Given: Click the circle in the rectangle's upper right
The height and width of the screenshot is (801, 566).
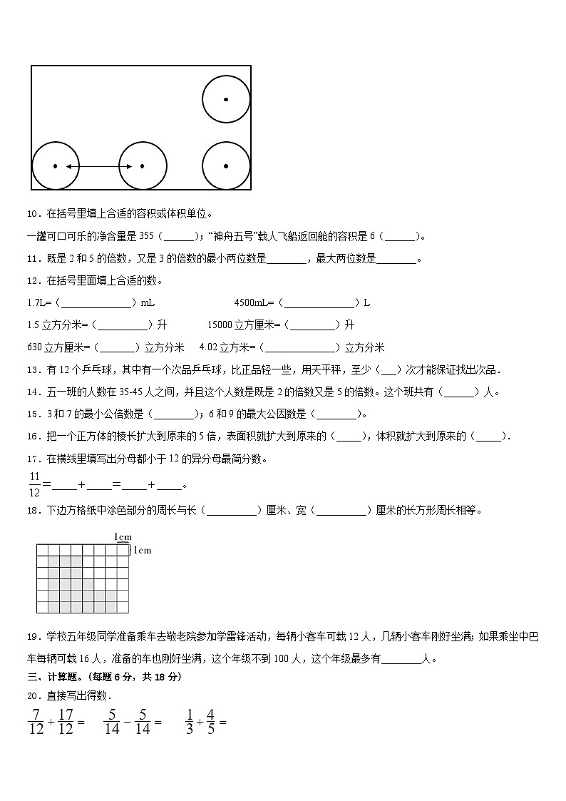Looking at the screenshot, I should click(226, 99).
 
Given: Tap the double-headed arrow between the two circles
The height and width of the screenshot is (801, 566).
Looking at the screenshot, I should click(98, 166).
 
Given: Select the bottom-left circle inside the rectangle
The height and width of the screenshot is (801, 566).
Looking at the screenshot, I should click(56, 166).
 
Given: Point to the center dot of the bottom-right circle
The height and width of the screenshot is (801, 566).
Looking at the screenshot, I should click(226, 166).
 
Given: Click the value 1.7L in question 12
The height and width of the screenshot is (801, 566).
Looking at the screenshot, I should click(36, 302).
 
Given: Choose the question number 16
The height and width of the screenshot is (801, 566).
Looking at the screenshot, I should click(33, 437).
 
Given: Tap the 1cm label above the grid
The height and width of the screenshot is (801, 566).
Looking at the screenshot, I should click(123, 536).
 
